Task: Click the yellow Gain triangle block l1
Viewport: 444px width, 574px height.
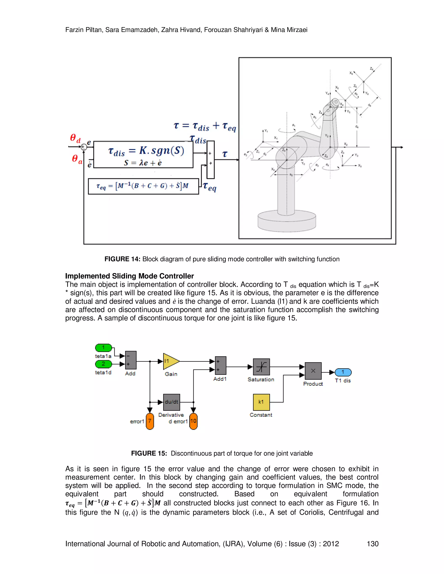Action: (x=170, y=361)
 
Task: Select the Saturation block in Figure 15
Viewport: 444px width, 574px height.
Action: (x=261, y=367)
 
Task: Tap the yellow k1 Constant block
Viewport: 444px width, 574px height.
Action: (x=261, y=402)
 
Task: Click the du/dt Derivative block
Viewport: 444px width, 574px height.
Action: (x=171, y=402)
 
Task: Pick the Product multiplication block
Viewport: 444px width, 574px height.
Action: (x=313, y=371)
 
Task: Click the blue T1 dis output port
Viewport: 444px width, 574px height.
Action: (x=343, y=372)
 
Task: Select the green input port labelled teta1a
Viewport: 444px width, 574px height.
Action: (x=103, y=348)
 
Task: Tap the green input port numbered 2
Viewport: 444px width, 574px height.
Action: (x=103, y=364)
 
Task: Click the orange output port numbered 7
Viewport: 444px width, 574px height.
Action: (x=150, y=421)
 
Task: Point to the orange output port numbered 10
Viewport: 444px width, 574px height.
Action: (x=193, y=421)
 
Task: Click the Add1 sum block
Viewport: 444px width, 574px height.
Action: (x=220, y=365)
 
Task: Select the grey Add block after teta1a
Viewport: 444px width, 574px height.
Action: (x=131, y=360)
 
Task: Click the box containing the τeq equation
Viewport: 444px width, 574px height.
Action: (x=143, y=186)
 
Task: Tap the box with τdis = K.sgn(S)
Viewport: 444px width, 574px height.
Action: (x=143, y=154)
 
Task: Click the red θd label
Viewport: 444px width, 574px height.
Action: (x=75, y=138)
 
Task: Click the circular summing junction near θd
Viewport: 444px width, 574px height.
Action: (x=84, y=147)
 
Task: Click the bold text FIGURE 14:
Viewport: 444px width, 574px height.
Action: (x=122, y=259)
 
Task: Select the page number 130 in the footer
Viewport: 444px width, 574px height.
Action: (x=372, y=544)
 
